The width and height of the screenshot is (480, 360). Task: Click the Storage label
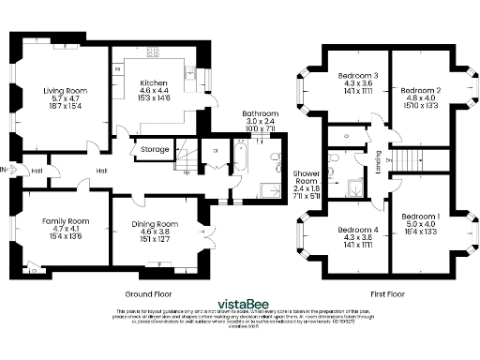(x=155, y=149)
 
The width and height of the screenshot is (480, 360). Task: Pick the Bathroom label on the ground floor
(x=259, y=112)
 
